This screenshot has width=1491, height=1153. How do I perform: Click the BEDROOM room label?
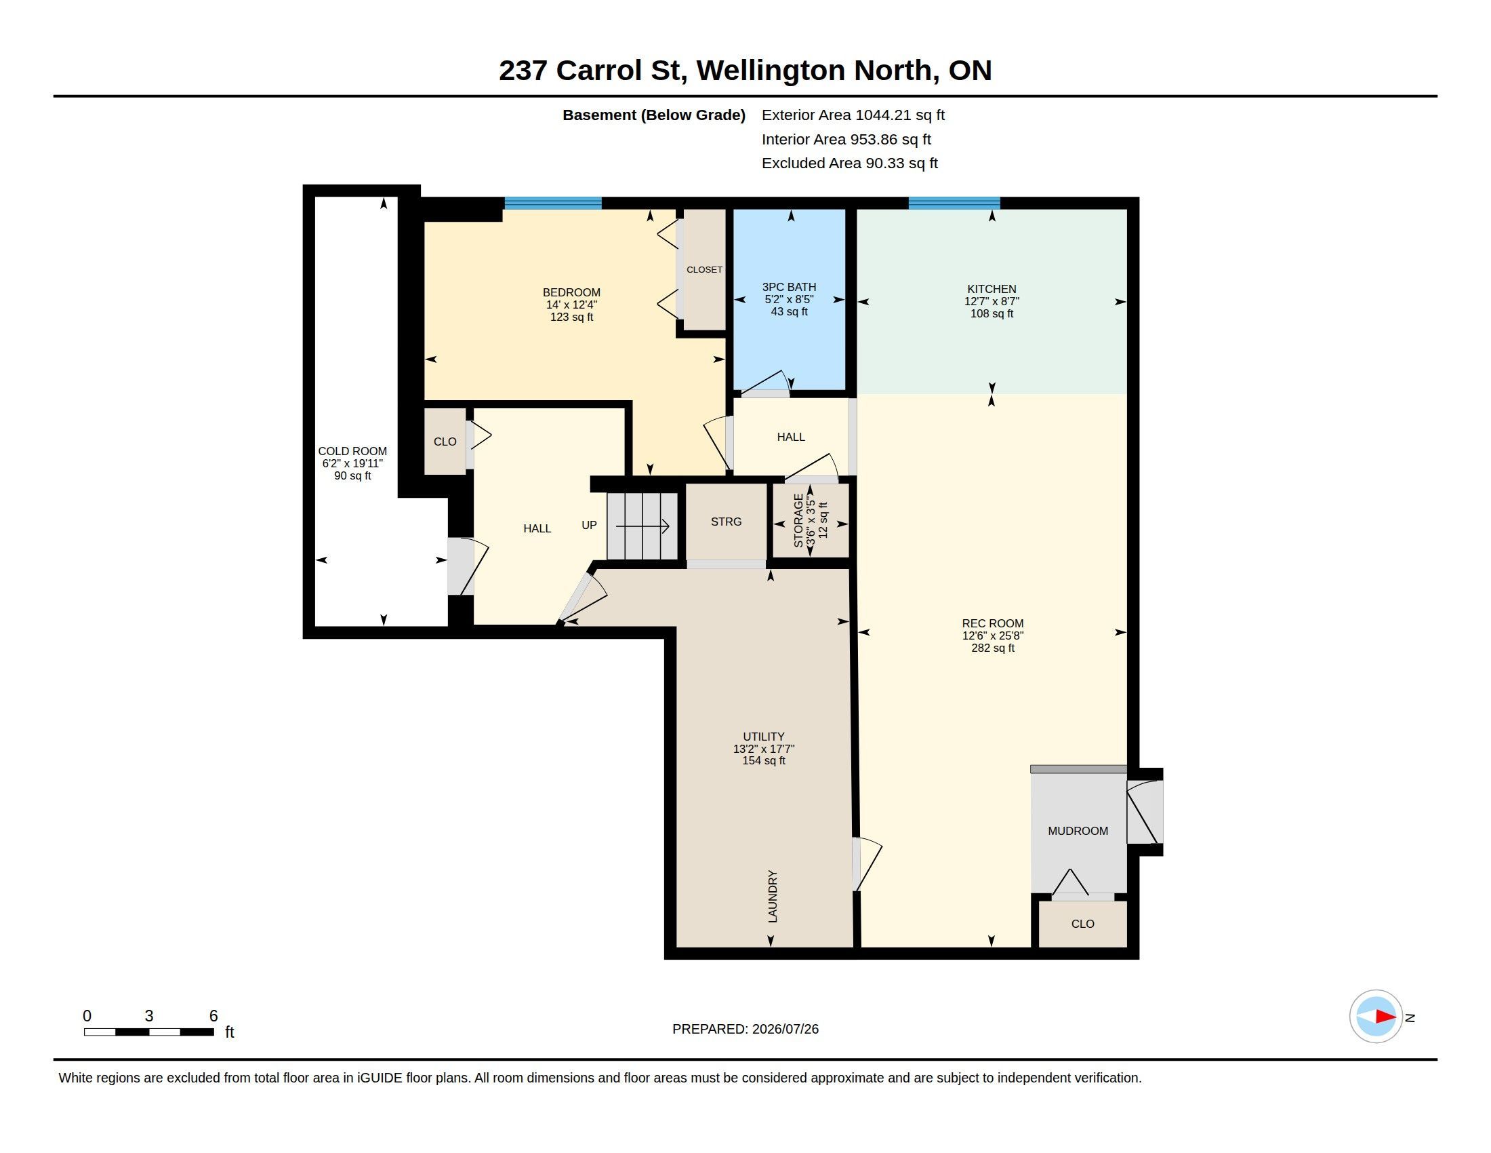pos(571,292)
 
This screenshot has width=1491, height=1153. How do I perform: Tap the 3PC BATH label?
pos(789,287)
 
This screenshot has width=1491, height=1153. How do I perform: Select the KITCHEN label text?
pos(992,289)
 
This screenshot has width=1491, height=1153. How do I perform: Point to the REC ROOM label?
pos(993,623)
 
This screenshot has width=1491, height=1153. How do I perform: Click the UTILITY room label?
pos(763,737)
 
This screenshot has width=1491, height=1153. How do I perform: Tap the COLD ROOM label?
pos(352,451)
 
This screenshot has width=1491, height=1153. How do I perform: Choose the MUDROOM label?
pos(1078,831)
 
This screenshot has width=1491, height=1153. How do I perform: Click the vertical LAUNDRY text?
pos(773,896)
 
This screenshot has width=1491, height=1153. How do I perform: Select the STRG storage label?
pos(726,521)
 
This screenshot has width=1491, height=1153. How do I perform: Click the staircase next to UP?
pos(642,526)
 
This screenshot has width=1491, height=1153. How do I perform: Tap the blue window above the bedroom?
pos(553,203)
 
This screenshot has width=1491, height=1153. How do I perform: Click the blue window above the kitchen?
pos(954,203)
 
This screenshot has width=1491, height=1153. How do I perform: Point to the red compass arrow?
pos(1385,1017)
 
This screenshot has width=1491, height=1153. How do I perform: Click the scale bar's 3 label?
pos(149,1016)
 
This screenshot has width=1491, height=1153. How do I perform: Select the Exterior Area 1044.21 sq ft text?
pos(853,115)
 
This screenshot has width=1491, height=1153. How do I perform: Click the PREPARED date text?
pos(745,1029)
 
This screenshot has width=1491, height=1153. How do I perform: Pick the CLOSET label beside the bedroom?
pos(704,270)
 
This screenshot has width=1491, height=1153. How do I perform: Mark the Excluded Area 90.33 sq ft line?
pos(849,163)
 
